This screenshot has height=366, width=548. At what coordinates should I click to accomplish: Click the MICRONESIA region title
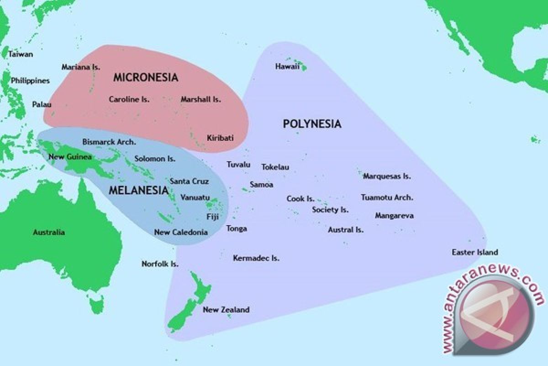click(146, 77)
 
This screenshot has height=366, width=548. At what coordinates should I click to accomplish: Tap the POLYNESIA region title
click(312, 124)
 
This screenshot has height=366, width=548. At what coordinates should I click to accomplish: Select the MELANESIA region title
click(138, 190)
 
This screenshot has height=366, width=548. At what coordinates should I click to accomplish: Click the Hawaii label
click(287, 66)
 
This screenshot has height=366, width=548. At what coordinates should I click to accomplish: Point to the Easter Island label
click(474, 252)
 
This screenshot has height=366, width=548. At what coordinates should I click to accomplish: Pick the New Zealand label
click(226, 310)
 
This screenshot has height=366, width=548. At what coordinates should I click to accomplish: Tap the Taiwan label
click(21, 54)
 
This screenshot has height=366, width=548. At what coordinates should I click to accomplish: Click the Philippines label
click(30, 81)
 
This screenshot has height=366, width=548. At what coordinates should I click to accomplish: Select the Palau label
click(42, 104)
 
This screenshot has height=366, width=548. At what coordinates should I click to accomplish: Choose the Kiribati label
click(220, 138)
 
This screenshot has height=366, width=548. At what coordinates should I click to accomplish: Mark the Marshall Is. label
click(200, 99)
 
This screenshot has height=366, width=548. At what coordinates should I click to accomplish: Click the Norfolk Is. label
click(160, 264)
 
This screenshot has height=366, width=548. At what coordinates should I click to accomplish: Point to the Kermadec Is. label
click(256, 258)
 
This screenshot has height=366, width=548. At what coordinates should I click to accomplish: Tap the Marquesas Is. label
click(387, 176)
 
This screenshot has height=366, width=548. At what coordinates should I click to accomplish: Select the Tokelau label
click(275, 167)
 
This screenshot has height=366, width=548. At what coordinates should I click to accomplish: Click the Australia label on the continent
click(49, 232)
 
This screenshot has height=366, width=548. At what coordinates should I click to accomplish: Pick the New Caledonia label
click(181, 232)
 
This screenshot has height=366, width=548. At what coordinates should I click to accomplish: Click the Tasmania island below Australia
click(97, 304)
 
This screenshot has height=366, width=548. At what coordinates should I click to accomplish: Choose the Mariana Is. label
click(81, 67)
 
